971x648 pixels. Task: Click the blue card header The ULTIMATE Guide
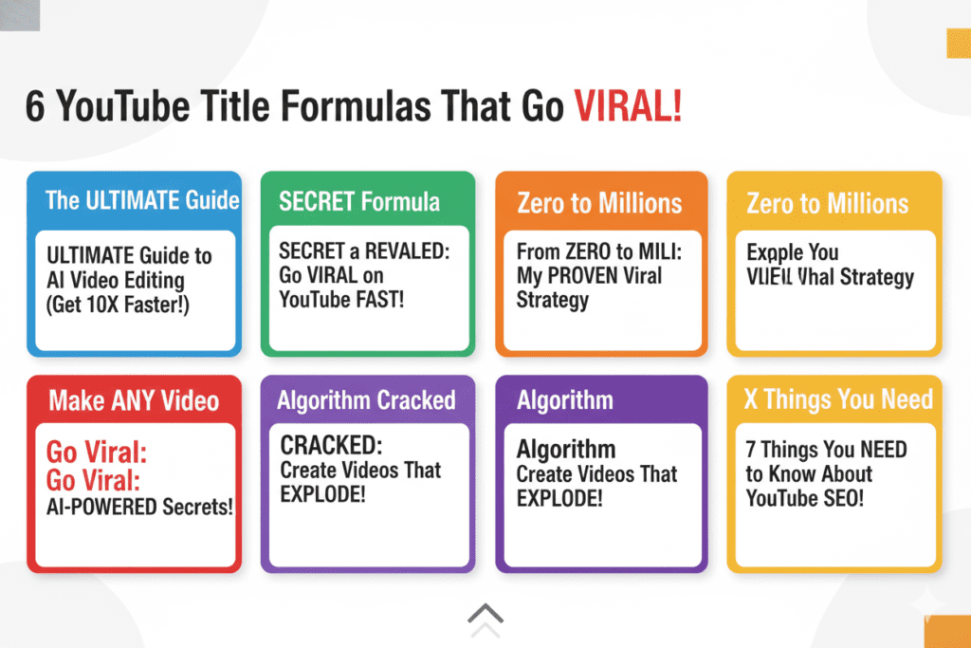pos(142,200)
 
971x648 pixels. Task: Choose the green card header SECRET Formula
pos(358,201)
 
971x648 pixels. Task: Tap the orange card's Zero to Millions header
pos(599,203)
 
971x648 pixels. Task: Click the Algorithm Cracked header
pos(366,400)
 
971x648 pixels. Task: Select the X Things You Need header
pos(838,399)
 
